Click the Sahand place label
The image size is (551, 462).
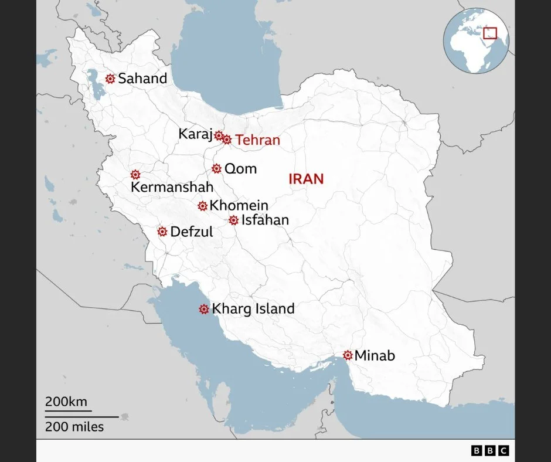point(142,79)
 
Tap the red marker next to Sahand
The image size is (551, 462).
point(110,79)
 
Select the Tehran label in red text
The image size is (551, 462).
point(257,141)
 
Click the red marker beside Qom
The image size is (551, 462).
point(216,169)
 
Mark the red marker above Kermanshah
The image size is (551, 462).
point(135,175)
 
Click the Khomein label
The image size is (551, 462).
point(239,206)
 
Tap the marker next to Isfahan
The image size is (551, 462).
point(233,220)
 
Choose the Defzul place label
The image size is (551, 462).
point(191,232)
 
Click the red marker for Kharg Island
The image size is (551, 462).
point(204,309)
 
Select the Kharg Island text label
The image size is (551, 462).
point(253,309)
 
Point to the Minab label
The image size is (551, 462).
point(375,355)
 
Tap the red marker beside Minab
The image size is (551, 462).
point(348,355)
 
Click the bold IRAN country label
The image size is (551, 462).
point(306,179)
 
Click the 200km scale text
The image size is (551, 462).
point(66,402)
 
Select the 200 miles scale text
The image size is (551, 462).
point(74,427)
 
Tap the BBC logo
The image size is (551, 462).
point(490,450)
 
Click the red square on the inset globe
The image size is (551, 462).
point(490,34)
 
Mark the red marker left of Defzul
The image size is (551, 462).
point(162,232)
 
